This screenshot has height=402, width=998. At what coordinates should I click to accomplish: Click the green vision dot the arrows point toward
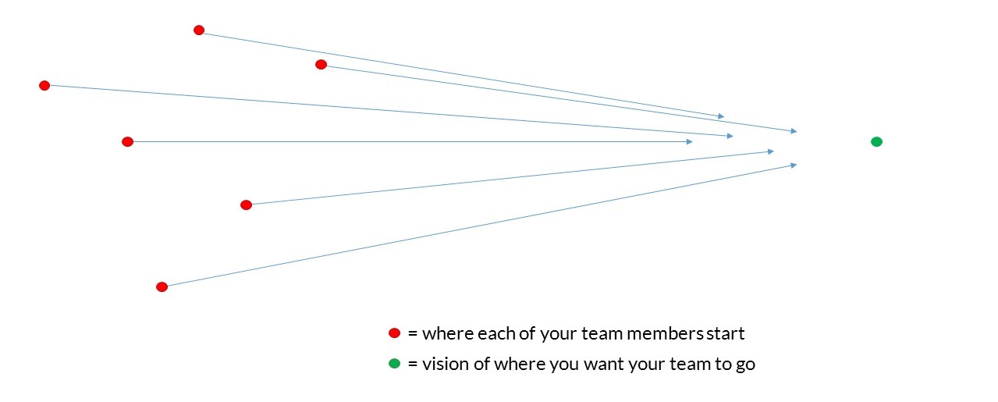876,142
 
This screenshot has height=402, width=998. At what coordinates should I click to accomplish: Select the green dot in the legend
394,364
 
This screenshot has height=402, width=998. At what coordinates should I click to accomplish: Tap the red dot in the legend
394,333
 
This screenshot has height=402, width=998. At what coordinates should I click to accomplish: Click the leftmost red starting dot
44,86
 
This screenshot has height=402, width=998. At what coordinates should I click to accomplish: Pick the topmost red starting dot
199,30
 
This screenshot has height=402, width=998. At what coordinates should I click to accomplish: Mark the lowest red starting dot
162,287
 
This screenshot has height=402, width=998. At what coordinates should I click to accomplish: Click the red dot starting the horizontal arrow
127,142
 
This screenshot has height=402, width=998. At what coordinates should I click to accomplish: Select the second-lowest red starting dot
246,205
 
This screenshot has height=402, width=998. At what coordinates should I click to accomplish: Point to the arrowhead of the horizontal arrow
690,142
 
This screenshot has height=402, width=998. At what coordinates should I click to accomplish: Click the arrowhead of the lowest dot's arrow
794,165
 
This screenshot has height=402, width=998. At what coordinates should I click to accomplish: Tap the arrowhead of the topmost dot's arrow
721,116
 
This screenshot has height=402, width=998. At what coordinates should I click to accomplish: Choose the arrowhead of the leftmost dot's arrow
730,136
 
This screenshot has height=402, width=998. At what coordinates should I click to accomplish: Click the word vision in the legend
446,364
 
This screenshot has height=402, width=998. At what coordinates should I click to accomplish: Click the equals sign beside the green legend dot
413,365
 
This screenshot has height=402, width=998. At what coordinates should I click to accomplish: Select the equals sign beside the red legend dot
413,334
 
